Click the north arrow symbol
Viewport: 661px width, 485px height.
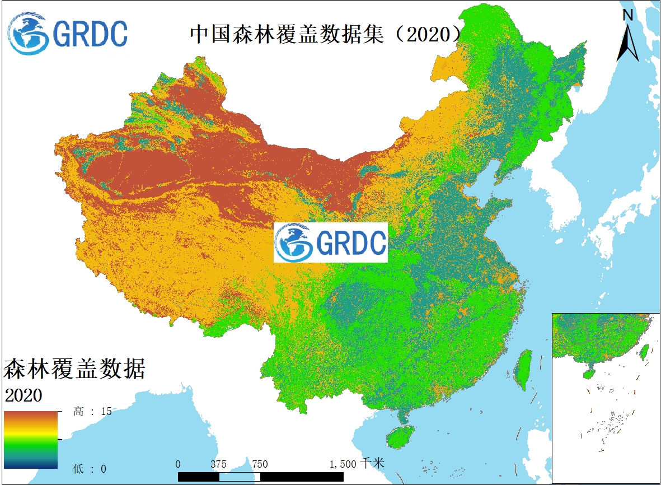[x=628, y=43]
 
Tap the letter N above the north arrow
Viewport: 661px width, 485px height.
[x=628, y=15]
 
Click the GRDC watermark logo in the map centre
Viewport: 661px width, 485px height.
[x=330, y=242]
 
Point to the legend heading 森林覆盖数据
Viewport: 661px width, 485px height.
[x=74, y=370]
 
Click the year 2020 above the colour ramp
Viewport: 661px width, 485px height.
[x=24, y=395]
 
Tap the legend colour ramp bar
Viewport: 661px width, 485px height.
[x=31, y=440]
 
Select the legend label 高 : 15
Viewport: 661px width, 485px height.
[x=92, y=412]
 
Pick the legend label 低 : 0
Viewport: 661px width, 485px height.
[x=90, y=468]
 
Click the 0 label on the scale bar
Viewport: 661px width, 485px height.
[x=178, y=464]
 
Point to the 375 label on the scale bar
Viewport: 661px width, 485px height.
[x=219, y=464]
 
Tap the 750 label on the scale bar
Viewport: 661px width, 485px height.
[x=260, y=464]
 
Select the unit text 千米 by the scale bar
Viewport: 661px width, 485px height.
[x=373, y=464]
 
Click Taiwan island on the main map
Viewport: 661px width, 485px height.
[x=524, y=370]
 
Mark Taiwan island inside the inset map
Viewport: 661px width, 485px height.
[x=644, y=351]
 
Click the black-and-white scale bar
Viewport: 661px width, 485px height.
[x=261, y=477]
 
